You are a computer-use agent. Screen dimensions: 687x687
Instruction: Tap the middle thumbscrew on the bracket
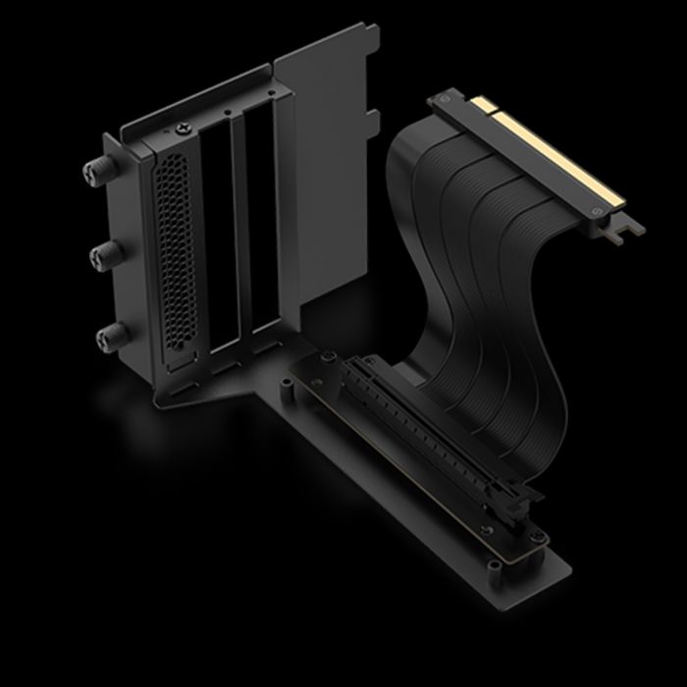tap(102, 257)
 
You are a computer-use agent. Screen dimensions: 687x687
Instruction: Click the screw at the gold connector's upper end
tap(447, 98)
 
